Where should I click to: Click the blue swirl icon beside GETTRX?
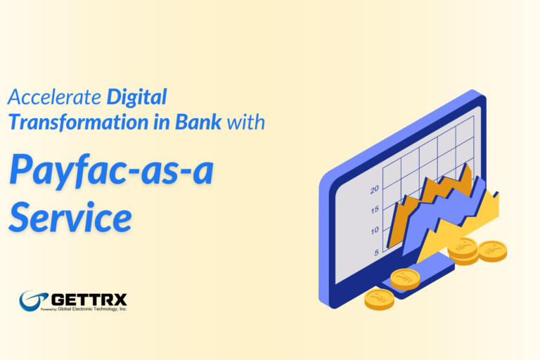pyautogui.click(x=34, y=300)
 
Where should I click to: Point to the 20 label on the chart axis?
pyautogui.click(x=374, y=189)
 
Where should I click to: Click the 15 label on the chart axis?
pyautogui.click(x=375, y=210)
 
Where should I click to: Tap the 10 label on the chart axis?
pyautogui.click(x=375, y=231)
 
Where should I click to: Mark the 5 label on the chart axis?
pyautogui.click(x=376, y=252)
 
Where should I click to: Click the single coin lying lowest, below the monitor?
pyautogui.click(x=379, y=300)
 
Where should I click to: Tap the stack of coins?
pyautogui.click(x=463, y=250)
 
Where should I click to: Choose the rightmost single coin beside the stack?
pyautogui.click(x=492, y=250)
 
